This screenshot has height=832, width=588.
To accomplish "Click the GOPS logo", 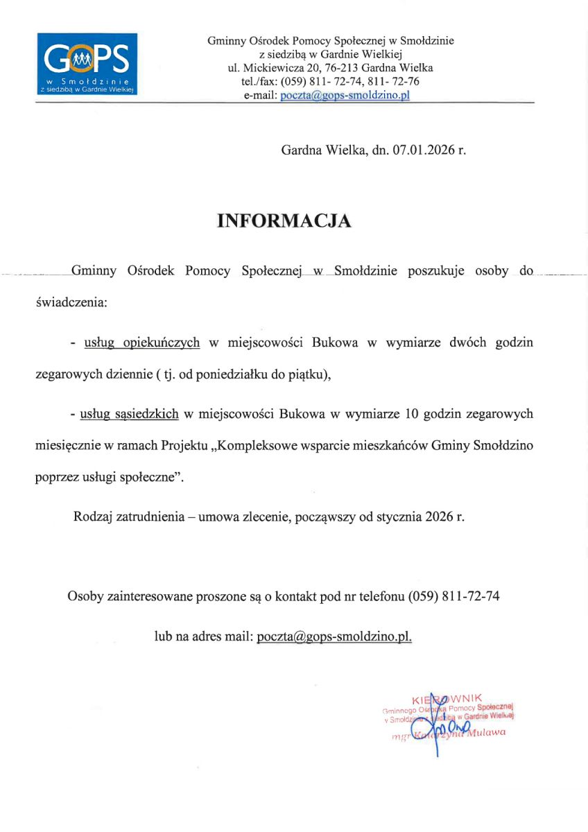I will coord(87,64).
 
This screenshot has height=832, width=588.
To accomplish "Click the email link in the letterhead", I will coord(345,95).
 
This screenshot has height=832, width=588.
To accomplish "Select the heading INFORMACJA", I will coord(284,220).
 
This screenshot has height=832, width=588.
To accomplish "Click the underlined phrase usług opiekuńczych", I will coord(141,343).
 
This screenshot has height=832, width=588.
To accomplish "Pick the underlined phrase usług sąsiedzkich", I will coord(130,415).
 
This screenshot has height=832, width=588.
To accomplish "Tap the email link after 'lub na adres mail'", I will coord(334,636).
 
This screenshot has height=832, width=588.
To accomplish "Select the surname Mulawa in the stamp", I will coord(485,733).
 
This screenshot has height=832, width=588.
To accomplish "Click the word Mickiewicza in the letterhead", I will coord(271,68).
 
